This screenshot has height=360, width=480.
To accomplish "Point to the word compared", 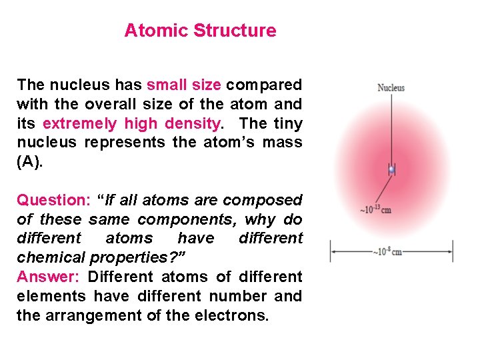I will coord(264,85).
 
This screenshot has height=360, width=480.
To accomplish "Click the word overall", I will coord(125,104).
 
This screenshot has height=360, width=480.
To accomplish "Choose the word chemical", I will coord(49,257).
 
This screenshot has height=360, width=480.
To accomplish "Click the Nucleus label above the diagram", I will coord(391,87).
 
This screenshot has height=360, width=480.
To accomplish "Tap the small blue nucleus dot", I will coord(392,170).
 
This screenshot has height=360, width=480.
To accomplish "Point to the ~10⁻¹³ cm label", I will coord(375,209).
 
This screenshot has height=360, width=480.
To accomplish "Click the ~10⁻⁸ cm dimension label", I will coord(388,251).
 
